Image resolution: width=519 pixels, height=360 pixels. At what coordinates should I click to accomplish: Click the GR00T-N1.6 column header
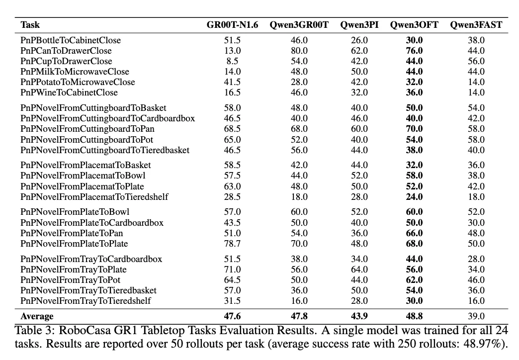(x=232, y=25)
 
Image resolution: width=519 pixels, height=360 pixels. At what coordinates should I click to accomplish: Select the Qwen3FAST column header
(x=476, y=25)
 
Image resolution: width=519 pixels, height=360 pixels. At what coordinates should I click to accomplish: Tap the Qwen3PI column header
(x=359, y=25)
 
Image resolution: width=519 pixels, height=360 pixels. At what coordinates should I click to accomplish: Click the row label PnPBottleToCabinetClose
(x=71, y=40)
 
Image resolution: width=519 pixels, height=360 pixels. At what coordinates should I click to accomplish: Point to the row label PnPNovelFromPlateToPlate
(x=74, y=244)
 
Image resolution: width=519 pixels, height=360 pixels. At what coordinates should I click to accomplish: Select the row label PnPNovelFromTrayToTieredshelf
(x=86, y=301)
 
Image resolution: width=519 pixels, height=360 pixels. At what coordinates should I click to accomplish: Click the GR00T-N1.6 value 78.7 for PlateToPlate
(x=232, y=244)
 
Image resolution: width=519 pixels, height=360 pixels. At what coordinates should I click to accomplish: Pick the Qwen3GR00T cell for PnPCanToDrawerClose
(x=299, y=51)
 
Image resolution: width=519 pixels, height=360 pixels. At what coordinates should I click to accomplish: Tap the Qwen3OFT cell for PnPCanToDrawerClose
(x=414, y=51)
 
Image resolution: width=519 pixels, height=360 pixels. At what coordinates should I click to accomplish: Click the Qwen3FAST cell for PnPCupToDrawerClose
(x=476, y=61)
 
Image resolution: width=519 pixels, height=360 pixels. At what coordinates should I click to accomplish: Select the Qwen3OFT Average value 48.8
(x=414, y=316)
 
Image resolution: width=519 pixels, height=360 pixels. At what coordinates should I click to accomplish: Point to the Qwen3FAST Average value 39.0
(x=476, y=316)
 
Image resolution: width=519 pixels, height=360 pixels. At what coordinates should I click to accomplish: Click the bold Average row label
(x=37, y=316)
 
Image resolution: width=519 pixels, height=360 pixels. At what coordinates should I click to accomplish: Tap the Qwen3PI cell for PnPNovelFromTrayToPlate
(x=359, y=270)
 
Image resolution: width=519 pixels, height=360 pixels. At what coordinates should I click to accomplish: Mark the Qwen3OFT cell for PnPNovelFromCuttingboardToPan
(x=414, y=129)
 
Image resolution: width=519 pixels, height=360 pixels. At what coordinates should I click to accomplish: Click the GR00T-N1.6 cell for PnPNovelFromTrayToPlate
(x=232, y=270)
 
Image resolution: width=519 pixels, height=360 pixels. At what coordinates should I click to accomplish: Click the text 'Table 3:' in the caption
(x=34, y=331)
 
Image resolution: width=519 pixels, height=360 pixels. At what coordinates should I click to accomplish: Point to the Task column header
(x=30, y=25)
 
